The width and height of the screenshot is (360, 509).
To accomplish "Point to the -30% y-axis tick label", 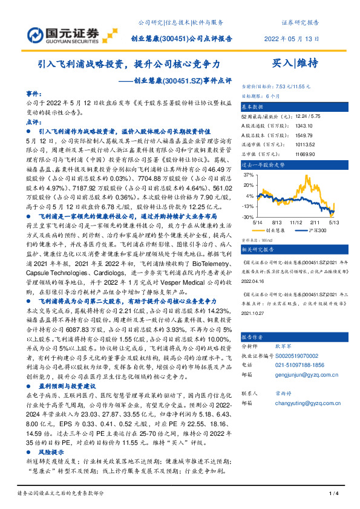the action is pyautogui.click(x=247, y=216).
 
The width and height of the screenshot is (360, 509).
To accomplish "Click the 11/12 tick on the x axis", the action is pyautogui.click(x=296, y=222).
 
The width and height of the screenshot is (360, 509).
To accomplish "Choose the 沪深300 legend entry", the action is pyautogui.click(x=312, y=230).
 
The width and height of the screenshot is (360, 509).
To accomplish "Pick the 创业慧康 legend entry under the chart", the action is pyautogui.click(x=274, y=230).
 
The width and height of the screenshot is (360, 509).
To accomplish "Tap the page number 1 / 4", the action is pyautogui.click(x=332, y=494).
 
